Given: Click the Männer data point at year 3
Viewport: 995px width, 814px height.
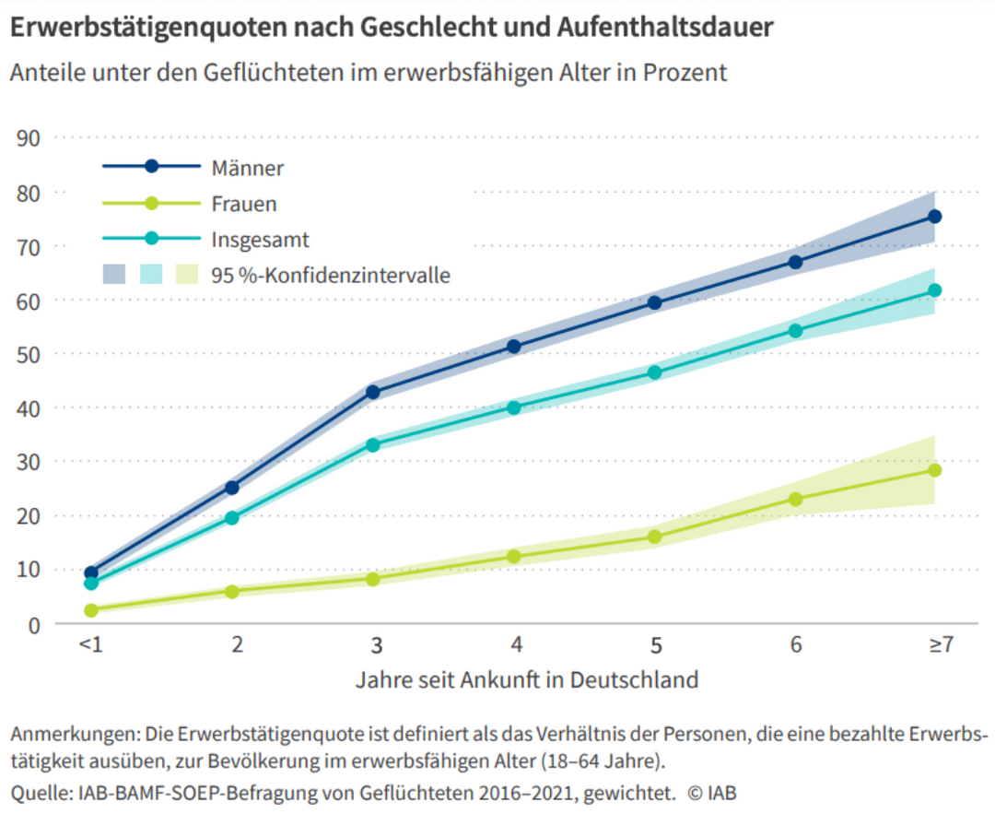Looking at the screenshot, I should (373, 392).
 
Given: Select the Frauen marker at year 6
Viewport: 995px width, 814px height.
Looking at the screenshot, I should (795, 500).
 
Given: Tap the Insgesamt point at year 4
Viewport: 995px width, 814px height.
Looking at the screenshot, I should (514, 407).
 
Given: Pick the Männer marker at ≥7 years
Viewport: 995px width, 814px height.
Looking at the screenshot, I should (935, 217).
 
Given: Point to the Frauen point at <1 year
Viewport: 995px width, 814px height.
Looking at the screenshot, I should (91, 610).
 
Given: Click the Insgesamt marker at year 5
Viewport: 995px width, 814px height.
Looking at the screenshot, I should (655, 372).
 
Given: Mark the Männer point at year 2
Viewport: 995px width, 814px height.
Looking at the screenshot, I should (232, 488).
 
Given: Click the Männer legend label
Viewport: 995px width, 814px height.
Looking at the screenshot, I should (247, 169).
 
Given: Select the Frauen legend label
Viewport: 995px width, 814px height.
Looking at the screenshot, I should (244, 205).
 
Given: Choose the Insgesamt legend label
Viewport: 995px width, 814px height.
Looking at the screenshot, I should (260, 241).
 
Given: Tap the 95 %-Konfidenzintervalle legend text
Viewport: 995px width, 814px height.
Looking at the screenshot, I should (331, 275).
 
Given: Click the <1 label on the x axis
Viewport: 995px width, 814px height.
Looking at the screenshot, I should (90, 645).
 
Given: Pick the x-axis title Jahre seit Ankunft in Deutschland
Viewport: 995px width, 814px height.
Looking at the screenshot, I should (526, 680).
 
